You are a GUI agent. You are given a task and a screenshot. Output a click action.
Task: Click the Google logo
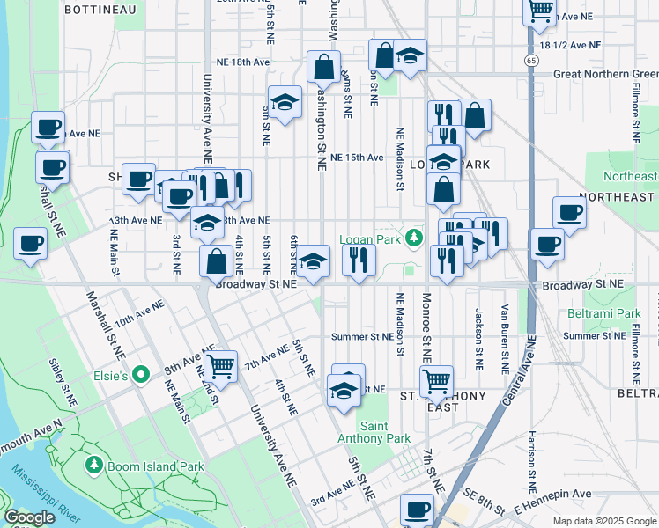[28, 517]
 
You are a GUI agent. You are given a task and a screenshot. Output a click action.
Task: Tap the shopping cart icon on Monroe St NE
[436, 380]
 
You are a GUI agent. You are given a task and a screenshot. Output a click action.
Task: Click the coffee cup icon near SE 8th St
[417, 509]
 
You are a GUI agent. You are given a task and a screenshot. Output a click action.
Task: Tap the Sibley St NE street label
[64, 387]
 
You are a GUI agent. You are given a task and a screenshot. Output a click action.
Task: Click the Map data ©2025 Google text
[603, 521]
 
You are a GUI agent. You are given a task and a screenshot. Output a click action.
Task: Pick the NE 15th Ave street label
[357, 158]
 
